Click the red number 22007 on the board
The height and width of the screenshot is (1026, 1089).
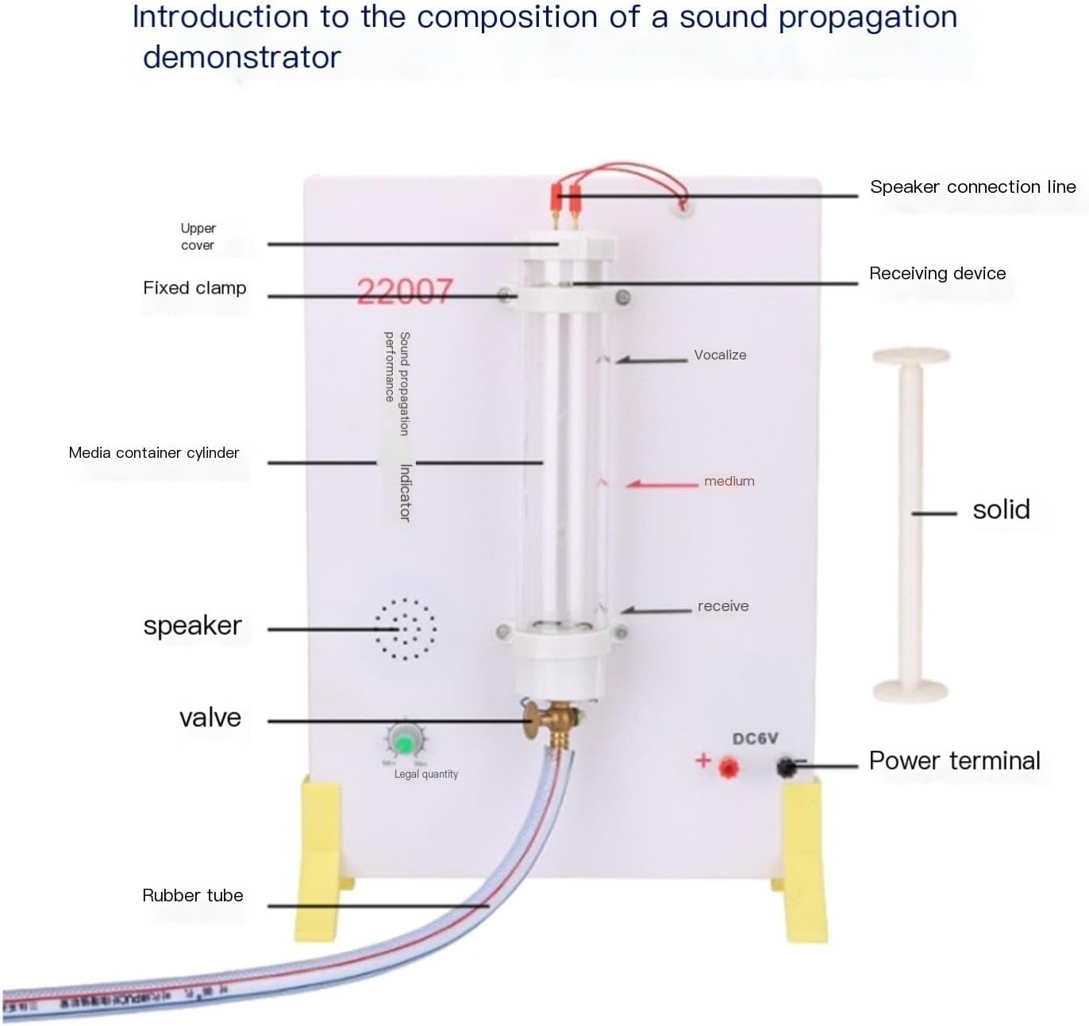coord(404,290)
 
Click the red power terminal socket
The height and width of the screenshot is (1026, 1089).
coord(728,767)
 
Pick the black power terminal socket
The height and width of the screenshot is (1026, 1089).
coord(786,767)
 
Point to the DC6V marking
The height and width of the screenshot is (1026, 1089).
coord(755,739)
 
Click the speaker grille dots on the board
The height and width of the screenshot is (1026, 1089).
coord(405,629)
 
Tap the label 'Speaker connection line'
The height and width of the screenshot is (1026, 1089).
coord(972,187)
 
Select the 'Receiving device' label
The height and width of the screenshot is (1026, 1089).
coord(937,274)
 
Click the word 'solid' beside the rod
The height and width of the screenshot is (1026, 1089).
coord(1001,509)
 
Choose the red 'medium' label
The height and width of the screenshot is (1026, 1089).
coord(729,481)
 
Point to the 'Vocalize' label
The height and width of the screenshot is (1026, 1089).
coord(720,355)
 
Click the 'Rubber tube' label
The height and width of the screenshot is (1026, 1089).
coord(192,895)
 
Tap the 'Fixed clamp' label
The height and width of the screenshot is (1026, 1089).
coord(194,288)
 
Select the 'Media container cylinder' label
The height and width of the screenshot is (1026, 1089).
coord(154,452)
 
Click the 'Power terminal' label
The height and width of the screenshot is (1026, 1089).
coord(954,761)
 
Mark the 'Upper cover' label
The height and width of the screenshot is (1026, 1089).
coord(198,236)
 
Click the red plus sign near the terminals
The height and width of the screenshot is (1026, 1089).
coord(702,760)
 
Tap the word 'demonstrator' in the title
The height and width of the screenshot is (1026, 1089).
coord(242,57)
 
